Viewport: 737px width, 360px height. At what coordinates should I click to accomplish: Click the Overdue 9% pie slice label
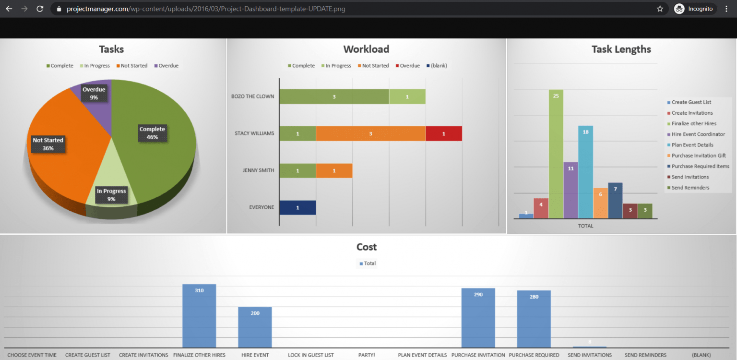coord(94,94)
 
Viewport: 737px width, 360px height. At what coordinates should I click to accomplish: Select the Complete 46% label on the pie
coord(152,133)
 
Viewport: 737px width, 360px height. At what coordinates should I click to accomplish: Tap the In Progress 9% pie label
coord(111,195)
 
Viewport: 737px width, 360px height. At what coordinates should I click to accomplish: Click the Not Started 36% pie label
coord(48,144)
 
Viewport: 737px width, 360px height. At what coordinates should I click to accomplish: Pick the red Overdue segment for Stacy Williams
coord(443,133)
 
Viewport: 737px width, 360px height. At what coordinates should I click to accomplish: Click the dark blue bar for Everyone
coord(297,207)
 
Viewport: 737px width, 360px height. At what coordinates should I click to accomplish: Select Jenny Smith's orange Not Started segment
coord(334,170)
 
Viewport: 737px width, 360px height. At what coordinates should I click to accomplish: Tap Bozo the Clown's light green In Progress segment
coord(407,96)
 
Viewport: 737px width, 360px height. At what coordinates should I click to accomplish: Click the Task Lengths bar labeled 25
coord(556,154)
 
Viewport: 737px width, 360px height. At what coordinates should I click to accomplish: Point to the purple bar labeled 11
coord(571,190)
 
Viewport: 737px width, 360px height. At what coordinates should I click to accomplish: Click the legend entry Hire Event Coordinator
coord(698,134)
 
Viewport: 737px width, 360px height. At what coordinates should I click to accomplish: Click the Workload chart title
coord(366,49)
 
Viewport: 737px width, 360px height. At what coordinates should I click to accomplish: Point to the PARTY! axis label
coord(367,355)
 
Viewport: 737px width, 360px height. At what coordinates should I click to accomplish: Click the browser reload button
coord(40,9)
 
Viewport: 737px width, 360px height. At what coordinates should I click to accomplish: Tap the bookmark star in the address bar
coord(660,9)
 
